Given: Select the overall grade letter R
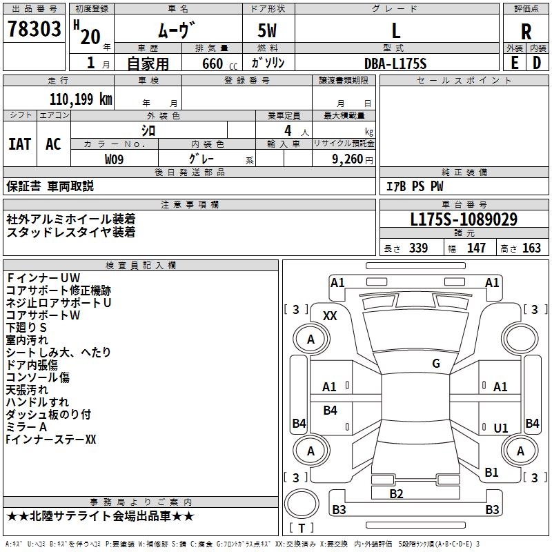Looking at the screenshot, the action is click(526, 32).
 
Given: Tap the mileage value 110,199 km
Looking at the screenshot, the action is click(80, 99).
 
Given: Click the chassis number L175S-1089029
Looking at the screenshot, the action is click(464, 220).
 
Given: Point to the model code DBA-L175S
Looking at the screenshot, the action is click(395, 63).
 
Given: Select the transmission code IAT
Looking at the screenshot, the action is click(19, 144).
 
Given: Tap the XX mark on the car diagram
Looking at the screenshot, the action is click(330, 315).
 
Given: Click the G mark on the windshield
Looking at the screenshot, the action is click(436, 364).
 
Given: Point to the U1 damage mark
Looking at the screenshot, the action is click(501, 428).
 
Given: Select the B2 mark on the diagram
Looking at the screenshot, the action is click(396, 493).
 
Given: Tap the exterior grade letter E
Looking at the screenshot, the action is click(514, 63).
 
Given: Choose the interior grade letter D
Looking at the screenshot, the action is click(537, 63).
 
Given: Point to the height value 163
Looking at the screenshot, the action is click(531, 248).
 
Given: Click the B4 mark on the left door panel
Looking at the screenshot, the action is click(330, 411).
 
